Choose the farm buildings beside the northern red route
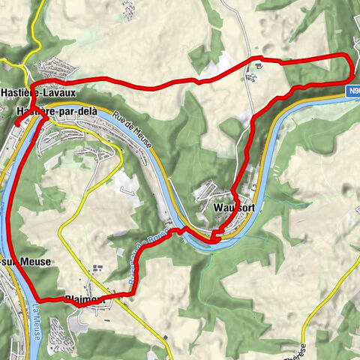(258, 66)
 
